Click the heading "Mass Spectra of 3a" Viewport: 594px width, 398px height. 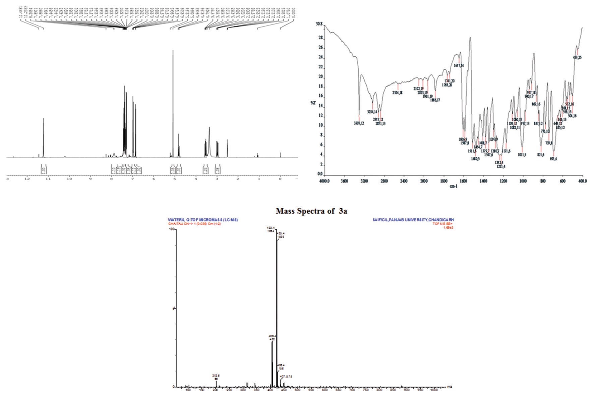(311, 211)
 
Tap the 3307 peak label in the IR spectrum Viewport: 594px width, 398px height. (359, 123)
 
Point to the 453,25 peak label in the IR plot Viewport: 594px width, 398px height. (577, 57)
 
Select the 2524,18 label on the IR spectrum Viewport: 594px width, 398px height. (398, 92)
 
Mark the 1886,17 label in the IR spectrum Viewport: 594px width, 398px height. (435, 100)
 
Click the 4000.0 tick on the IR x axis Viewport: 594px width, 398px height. (324, 181)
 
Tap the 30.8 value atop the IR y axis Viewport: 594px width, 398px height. (318, 24)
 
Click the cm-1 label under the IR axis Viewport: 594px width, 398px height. (454, 186)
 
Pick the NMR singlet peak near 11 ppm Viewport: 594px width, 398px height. (43, 119)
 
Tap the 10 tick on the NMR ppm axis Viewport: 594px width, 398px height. (69, 179)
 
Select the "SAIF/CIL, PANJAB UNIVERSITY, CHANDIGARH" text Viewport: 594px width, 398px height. (411, 220)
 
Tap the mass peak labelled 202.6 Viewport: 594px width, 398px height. (216, 381)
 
